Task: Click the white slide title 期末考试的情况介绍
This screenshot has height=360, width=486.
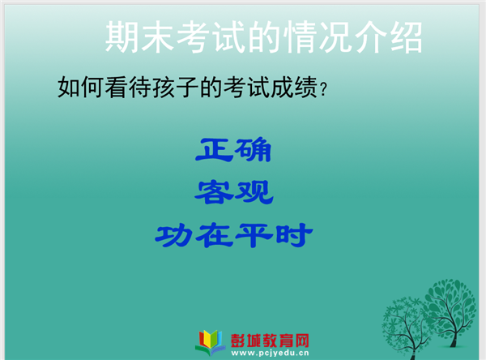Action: tap(264, 37)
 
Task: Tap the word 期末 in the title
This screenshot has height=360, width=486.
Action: tap(139, 37)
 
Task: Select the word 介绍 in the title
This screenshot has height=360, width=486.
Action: tap(388, 37)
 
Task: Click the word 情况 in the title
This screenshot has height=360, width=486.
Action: tap(318, 37)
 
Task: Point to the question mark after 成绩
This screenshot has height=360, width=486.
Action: tap(323, 89)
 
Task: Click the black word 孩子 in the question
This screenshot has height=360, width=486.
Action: tap(175, 88)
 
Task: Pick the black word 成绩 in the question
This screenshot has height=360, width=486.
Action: tap(294, 88)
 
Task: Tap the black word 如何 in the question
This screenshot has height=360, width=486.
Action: tap(80, 88)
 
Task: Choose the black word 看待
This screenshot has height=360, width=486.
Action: tap(128, 88)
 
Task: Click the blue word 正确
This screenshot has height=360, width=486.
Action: tap(233, 149)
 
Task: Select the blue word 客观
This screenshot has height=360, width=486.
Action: tap(234, 192)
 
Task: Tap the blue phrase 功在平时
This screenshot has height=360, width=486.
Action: tap(234, 236)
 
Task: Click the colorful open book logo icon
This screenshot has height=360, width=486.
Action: tap(211, 342)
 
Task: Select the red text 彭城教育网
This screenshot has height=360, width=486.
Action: tap(270, 341)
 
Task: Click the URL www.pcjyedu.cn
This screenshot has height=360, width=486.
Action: tap(270, 353)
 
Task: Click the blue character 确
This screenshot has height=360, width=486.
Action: tap(253, 149)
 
